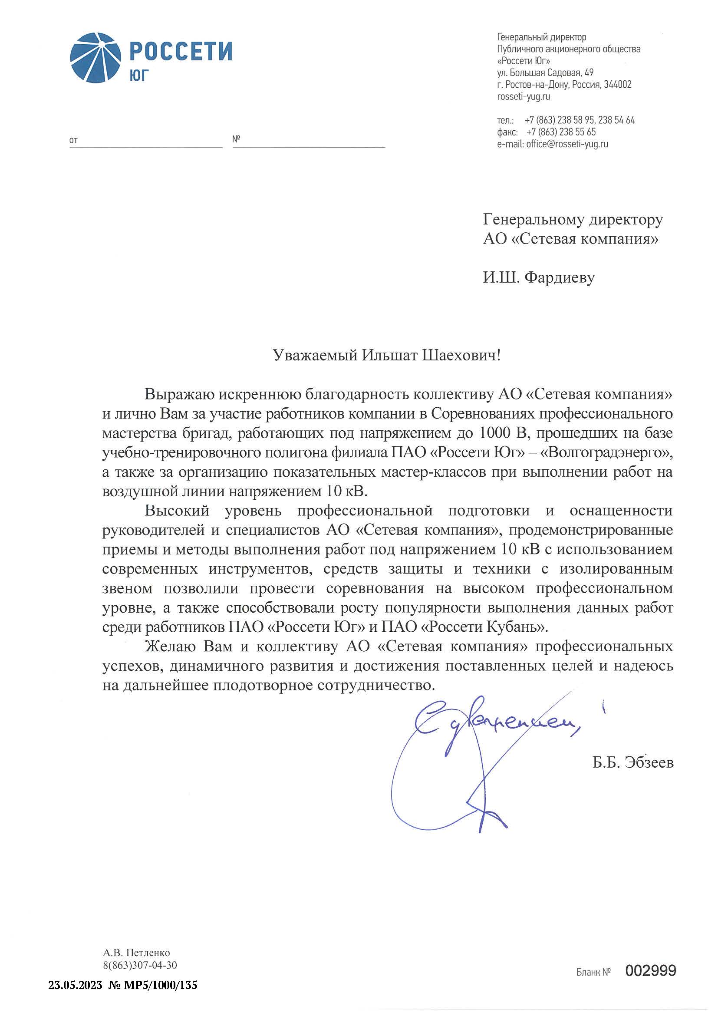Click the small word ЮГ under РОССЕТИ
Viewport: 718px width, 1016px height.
tap(139, 76)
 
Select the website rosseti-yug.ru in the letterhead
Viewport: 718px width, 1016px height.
tap(524, 96)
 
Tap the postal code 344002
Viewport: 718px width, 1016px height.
tap(618, 85)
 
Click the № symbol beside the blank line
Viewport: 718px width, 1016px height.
tap(236, 139)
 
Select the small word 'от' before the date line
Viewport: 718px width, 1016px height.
tap(73, 141)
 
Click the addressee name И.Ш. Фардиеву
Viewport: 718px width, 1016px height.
tap(538, 277)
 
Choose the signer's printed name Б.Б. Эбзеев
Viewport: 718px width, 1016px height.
tap(633, 762)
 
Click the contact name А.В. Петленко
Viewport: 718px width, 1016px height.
tap(136, 953)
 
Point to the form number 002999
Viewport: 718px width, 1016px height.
tap(651, 971)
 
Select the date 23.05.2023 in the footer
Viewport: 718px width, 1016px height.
tap(75, 986)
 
